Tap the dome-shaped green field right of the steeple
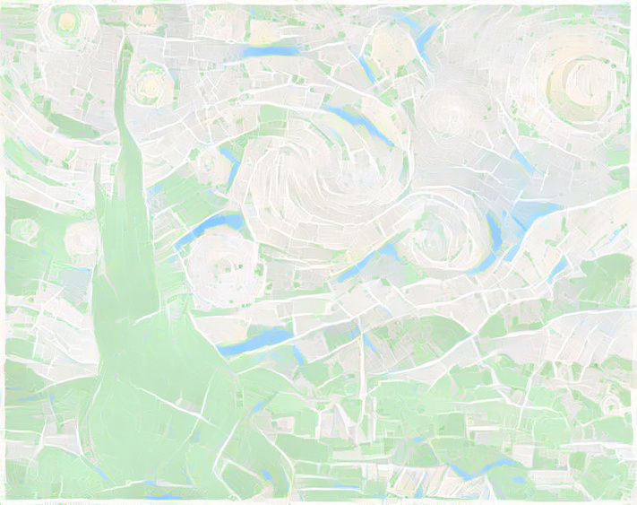pyautogui.click(x=421, y=336)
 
